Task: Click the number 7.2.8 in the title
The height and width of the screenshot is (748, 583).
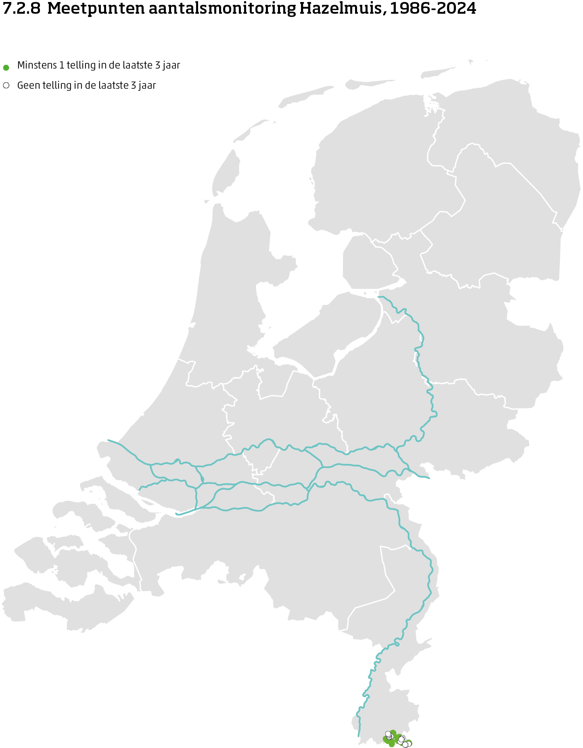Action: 21,8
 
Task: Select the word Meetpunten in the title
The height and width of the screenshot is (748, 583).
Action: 96,8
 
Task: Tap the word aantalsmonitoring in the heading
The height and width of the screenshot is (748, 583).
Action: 222,8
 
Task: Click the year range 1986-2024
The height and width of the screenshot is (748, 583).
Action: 433,8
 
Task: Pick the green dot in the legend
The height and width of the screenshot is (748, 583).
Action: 6,67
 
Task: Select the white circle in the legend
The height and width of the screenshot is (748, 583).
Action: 6,86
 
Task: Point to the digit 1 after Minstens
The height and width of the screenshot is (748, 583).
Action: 62,65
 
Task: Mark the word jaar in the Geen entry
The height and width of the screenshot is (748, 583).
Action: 147,86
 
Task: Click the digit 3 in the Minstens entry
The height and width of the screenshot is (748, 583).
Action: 158,65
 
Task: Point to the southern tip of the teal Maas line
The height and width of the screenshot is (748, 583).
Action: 358,736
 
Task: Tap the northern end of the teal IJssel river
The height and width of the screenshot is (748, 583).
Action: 379,297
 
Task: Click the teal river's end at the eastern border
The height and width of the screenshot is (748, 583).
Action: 429,478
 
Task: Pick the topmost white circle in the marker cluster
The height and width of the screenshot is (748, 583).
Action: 388,733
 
